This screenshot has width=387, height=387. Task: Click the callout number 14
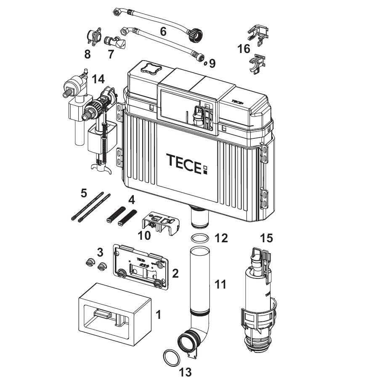[98, 80]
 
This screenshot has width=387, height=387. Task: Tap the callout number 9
[212, 64]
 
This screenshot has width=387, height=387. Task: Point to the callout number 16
[244, 49]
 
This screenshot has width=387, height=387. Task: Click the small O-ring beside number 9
[205, 64]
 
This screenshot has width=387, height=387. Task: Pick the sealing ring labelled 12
[200, 239]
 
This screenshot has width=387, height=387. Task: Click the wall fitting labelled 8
[94, 37]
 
